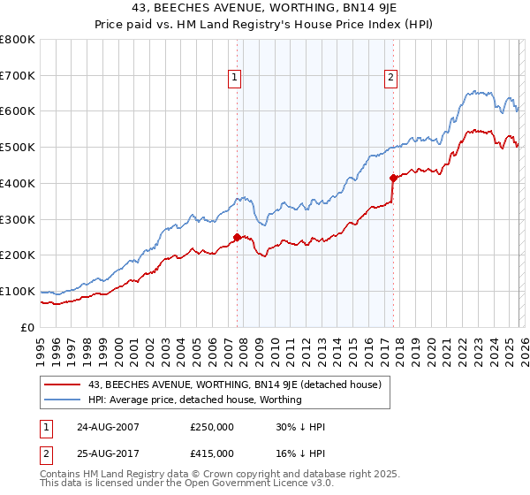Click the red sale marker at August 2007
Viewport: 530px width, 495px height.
pos(237,236)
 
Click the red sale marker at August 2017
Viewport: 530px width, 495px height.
pos(392,177)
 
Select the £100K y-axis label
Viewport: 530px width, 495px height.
pos(18,291)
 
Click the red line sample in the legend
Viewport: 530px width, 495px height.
pos(63,385)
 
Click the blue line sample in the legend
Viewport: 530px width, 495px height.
pos(63,400)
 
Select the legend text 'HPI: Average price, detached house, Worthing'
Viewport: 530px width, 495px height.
pos(195,400)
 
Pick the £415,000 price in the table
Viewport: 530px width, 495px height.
pos(211,453)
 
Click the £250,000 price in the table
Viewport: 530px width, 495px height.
pos(211,427)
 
